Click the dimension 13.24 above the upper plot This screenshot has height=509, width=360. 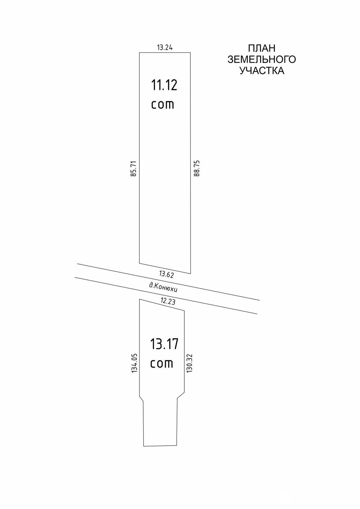(x=165, y=47)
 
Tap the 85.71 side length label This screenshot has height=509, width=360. (x=133, y=169)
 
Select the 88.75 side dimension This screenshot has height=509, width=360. (x=196, y=168)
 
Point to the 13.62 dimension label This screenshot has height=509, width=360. (x=166, y=275)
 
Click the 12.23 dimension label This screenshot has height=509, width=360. (x=168, y=301)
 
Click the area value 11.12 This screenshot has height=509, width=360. (x=164, y=85)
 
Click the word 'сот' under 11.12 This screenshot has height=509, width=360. (x=163, y=105)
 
